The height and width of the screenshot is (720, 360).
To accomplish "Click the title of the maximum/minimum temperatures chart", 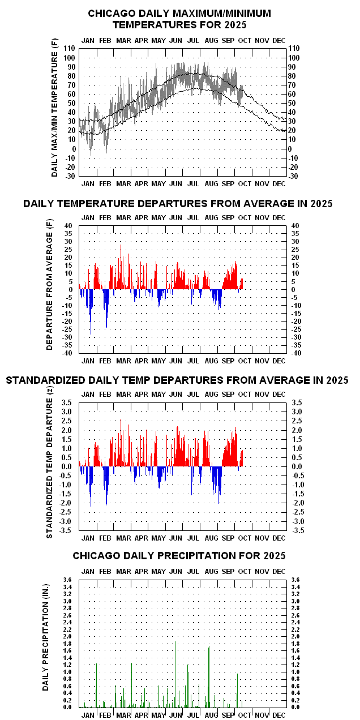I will click(x=179, y=19).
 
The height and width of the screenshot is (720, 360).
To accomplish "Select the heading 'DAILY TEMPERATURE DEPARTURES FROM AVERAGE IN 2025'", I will click(x=178, y=204).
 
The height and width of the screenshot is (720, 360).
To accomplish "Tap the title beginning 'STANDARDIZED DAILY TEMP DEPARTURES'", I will click(x=177, y=380).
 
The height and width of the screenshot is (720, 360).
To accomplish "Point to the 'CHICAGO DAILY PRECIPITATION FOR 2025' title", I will click(x=179, y=556).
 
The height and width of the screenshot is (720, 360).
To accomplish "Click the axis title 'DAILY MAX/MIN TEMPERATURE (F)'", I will click(x=55, y=113).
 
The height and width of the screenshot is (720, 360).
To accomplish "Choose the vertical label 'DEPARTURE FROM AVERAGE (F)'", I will click(x=50, y=289).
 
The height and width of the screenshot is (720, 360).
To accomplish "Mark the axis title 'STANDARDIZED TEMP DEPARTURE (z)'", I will click(x=50, y=468).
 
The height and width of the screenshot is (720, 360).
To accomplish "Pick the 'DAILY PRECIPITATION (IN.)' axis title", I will click(x=46, y=644).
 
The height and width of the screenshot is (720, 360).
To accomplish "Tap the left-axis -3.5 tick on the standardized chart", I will click(x=66, y=530).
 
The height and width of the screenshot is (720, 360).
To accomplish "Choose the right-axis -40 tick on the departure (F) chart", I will click(x=295, y=353).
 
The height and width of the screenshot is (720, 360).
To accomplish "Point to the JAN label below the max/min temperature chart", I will click(x=88, y=184).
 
